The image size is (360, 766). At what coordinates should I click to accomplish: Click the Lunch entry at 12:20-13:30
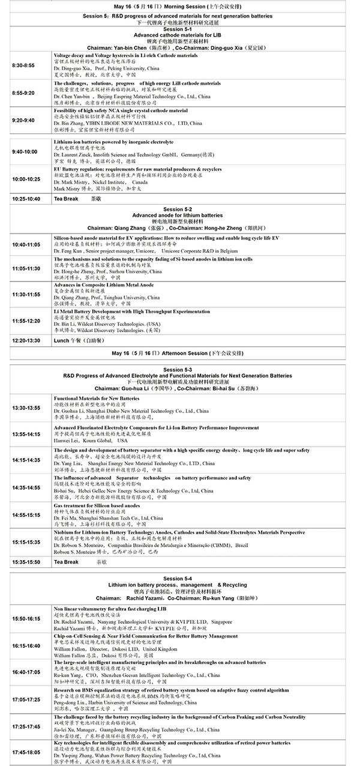point(61,340)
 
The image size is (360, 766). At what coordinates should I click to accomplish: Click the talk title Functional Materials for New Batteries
point(97,399)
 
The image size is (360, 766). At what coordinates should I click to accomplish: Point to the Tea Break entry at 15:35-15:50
point(67,562)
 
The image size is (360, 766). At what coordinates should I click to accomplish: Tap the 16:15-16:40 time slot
point(26,646)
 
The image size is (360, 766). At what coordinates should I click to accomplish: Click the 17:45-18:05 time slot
point(26,752)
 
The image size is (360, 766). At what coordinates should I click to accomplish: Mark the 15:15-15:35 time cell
point(26,542)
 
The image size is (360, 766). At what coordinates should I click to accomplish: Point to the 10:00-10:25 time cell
point(26,179)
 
